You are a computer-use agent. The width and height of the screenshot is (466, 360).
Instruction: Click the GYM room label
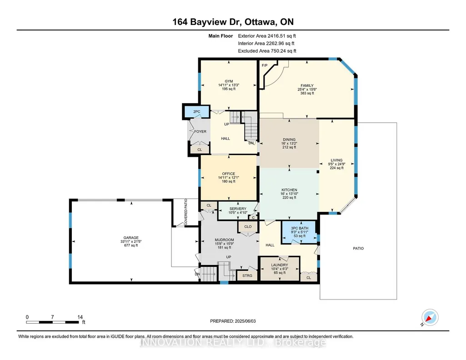coord(229,81)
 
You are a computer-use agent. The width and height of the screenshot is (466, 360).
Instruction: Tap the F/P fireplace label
coord(265,65)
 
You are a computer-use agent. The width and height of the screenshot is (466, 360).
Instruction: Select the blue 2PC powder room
coord(197,111)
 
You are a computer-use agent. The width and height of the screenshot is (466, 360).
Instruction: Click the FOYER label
coord(200,131)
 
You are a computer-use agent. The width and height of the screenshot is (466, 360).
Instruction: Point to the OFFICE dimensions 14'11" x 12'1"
coord(229,178)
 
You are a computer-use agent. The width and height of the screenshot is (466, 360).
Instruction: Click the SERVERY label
coord(238,209)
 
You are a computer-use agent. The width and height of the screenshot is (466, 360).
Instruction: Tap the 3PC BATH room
coord(300,232)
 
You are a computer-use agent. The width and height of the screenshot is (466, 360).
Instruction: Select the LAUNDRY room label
coord(279,265)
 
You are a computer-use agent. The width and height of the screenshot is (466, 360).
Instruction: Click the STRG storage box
coord(247,275)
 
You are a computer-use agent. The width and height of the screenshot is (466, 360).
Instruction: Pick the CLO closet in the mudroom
coord(248,227)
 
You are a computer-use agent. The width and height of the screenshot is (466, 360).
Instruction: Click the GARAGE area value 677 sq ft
coord(131,245)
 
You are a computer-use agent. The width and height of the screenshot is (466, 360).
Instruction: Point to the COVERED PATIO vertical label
coord(186,212)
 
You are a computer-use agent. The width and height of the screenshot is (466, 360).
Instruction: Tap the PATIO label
coord(358,248)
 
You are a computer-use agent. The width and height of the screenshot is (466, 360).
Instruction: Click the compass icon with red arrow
coord(430,318)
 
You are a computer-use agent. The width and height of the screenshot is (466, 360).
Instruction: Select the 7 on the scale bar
coord(52,317)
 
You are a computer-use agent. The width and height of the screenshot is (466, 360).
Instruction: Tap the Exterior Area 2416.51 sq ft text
coord(267,36)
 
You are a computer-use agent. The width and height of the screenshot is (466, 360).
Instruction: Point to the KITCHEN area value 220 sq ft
coord(289,198)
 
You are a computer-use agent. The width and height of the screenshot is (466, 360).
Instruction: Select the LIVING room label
coord(336,160)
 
